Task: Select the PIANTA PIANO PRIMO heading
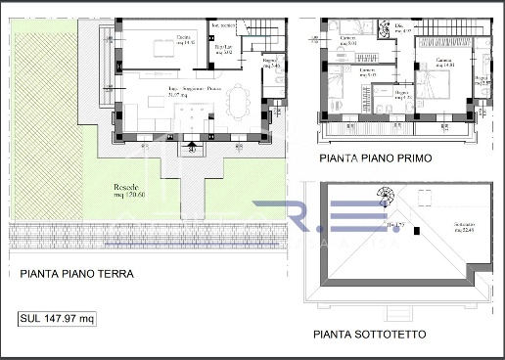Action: tap(378, 157)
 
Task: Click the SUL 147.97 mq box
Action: tap(58, 318)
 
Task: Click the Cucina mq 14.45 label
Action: tap(183, 40)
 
